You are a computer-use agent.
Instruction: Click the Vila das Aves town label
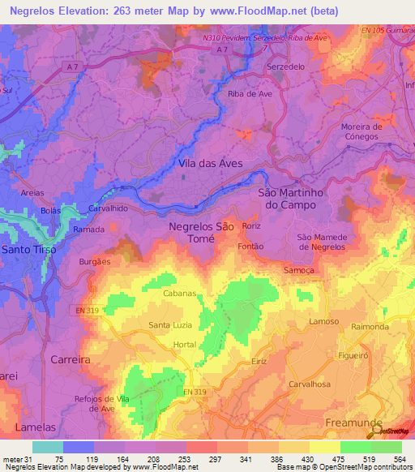tap(210, 163)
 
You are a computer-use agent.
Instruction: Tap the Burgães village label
tap(95, 262)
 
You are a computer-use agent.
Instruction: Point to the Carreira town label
tap(69, 358)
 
